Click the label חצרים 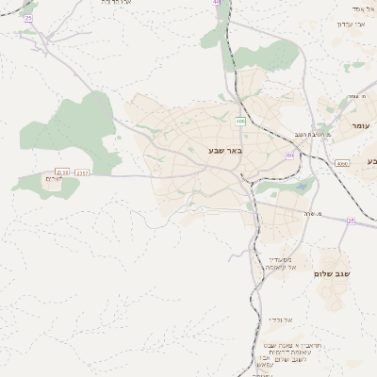tap(52, 178)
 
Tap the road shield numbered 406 tap(240, 121)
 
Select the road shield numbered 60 tap(290, 155)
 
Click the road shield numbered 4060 tap(341, 163)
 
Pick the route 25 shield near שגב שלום tap(351, 221)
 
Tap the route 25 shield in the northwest tap(28, 18)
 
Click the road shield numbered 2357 tap(83, 172)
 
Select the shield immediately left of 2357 tap(62, 172)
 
